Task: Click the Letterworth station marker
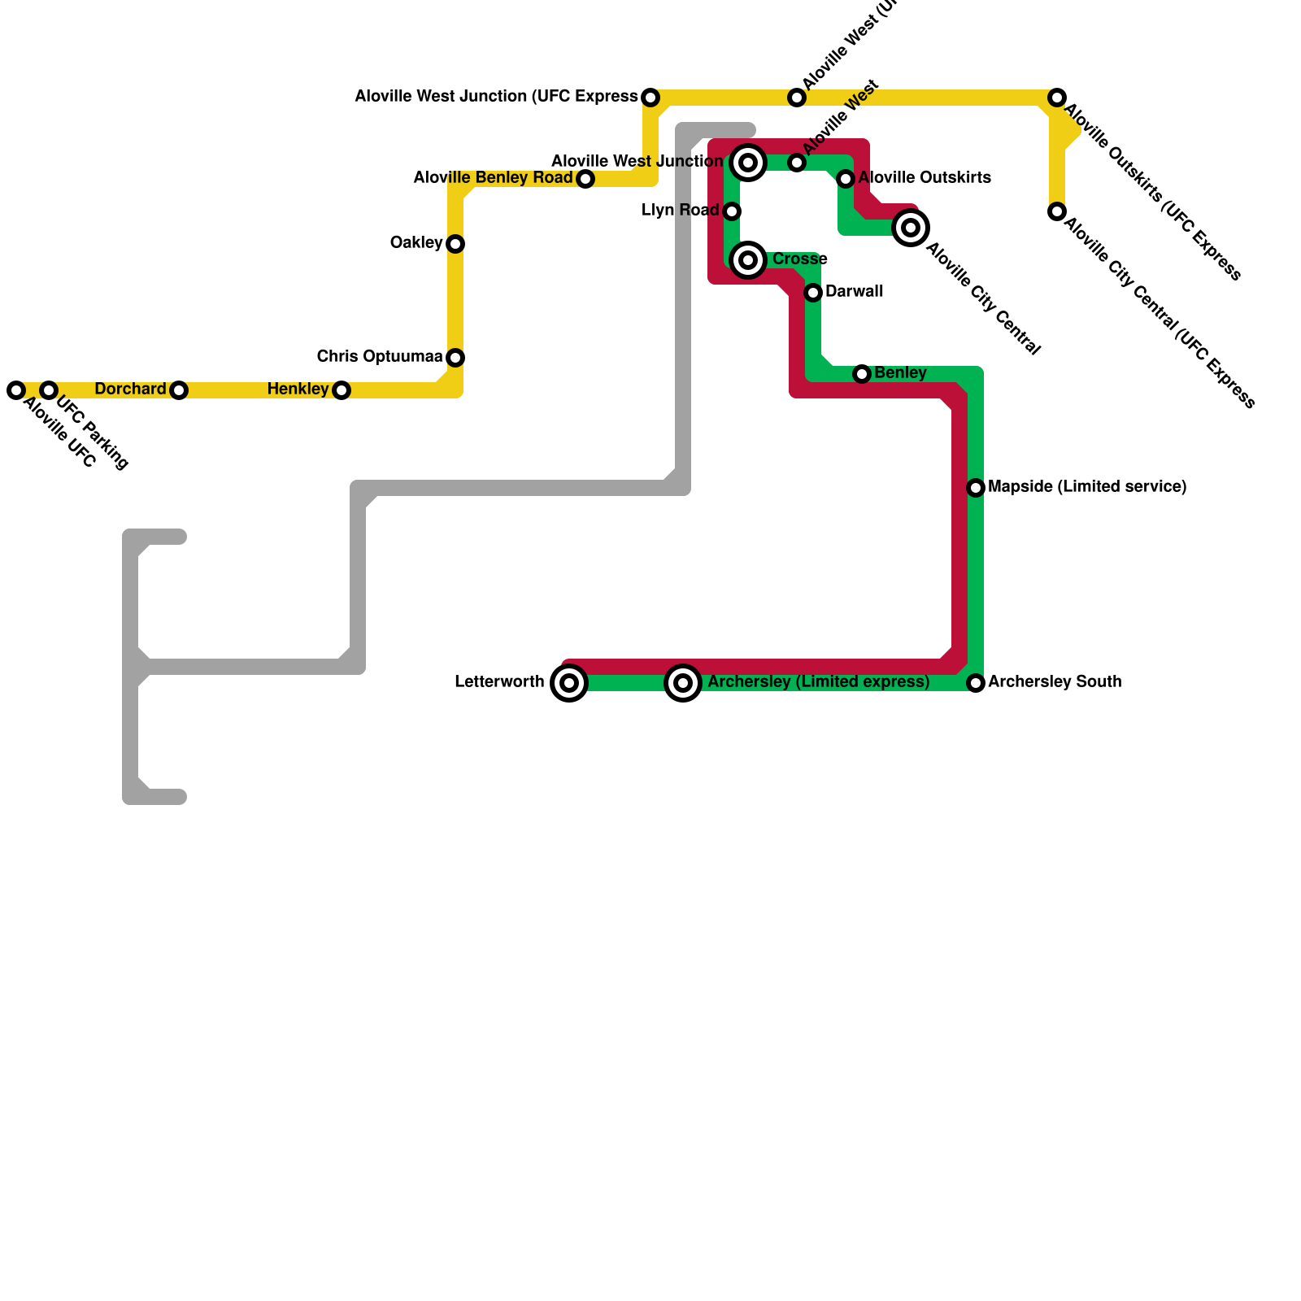click(x=569, y=683)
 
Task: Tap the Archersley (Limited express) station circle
click(x=683, y=683)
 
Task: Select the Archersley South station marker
click(x=976, y=683)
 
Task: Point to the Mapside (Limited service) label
click(x=1087, y=487)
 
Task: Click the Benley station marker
click(x=862, y=374)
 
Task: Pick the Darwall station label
click(x=854, y=291)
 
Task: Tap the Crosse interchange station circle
click(x=748, y=260)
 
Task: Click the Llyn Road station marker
click(x=732, y=211)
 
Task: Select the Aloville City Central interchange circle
click(x=911, y=228)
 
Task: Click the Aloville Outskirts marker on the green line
click(x=846, y=179)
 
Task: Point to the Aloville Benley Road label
click(x=493, y=178)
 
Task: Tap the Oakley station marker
click(x=455, y=244)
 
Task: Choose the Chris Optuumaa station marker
click(x=455, y=358)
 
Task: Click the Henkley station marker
click(x=342, y=390)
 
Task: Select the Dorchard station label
click(x=130, y=389)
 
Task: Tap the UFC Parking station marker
click(x=49, y=390)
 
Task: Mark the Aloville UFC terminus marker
click(x=16, y=390)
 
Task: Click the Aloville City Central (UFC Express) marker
click(x=1057, y=211)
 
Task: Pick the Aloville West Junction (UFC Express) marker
click(x=650, y=98)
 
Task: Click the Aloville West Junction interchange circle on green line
click(x=748, y=163)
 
